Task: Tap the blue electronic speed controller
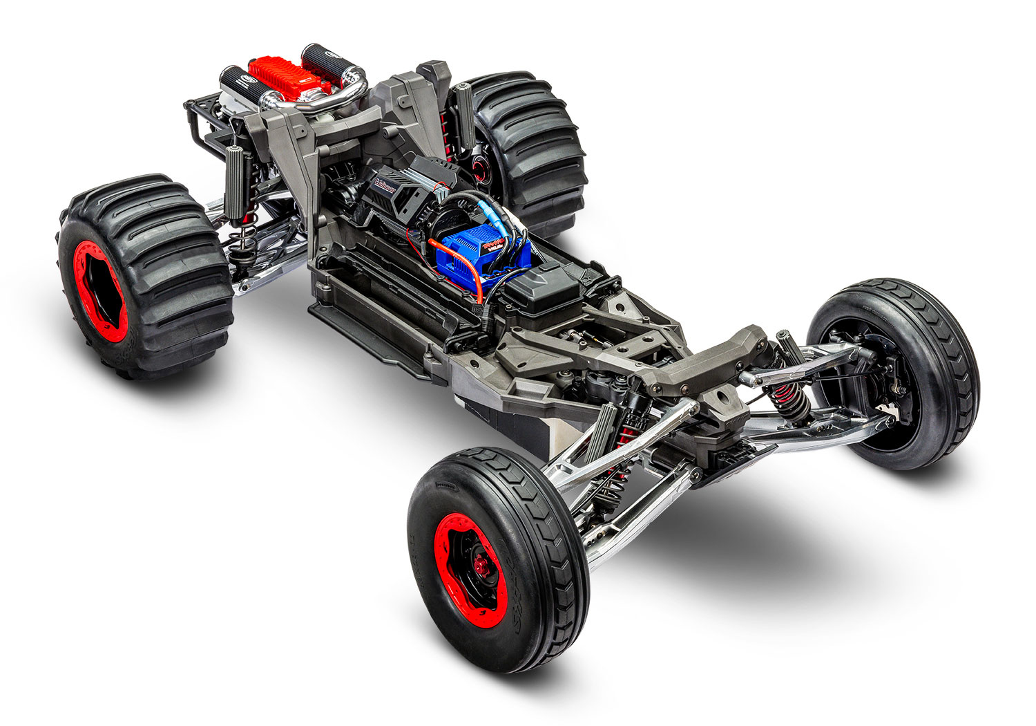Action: click(483, 252)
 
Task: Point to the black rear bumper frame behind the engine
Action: click(200, 124)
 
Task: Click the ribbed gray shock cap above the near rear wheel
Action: click(239, 180)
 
